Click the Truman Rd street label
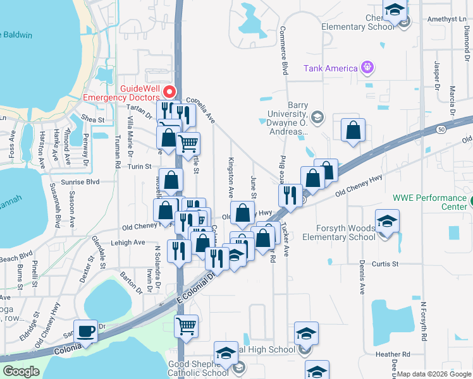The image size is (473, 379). [118, 152]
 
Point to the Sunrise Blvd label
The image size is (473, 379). [80, 181]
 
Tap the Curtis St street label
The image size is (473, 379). [385, 263]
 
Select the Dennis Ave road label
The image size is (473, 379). [362, 279]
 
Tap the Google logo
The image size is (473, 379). [21, 371]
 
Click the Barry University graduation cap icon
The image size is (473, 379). [317, 117]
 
